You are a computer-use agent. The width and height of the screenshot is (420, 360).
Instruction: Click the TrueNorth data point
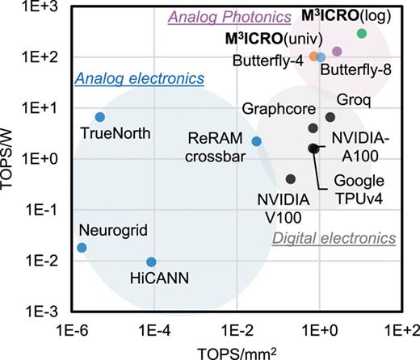click(x=100, y=117)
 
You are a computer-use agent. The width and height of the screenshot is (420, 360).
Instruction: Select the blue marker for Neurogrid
click(x=81, y=247)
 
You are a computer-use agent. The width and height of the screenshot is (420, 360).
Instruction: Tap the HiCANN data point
click(x=151, y=262)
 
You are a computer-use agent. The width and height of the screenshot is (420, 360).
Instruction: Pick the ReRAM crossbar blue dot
click(x=257, y=141)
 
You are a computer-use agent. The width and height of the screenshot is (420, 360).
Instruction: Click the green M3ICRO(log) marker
click(x=362, y=33)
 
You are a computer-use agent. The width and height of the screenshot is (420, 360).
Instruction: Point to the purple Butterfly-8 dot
click(x=337, y=51)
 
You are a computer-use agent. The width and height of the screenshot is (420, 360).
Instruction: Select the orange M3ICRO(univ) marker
click(x=313, y=57)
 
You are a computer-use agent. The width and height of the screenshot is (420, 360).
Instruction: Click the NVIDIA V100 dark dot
click(x=291, y=179)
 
